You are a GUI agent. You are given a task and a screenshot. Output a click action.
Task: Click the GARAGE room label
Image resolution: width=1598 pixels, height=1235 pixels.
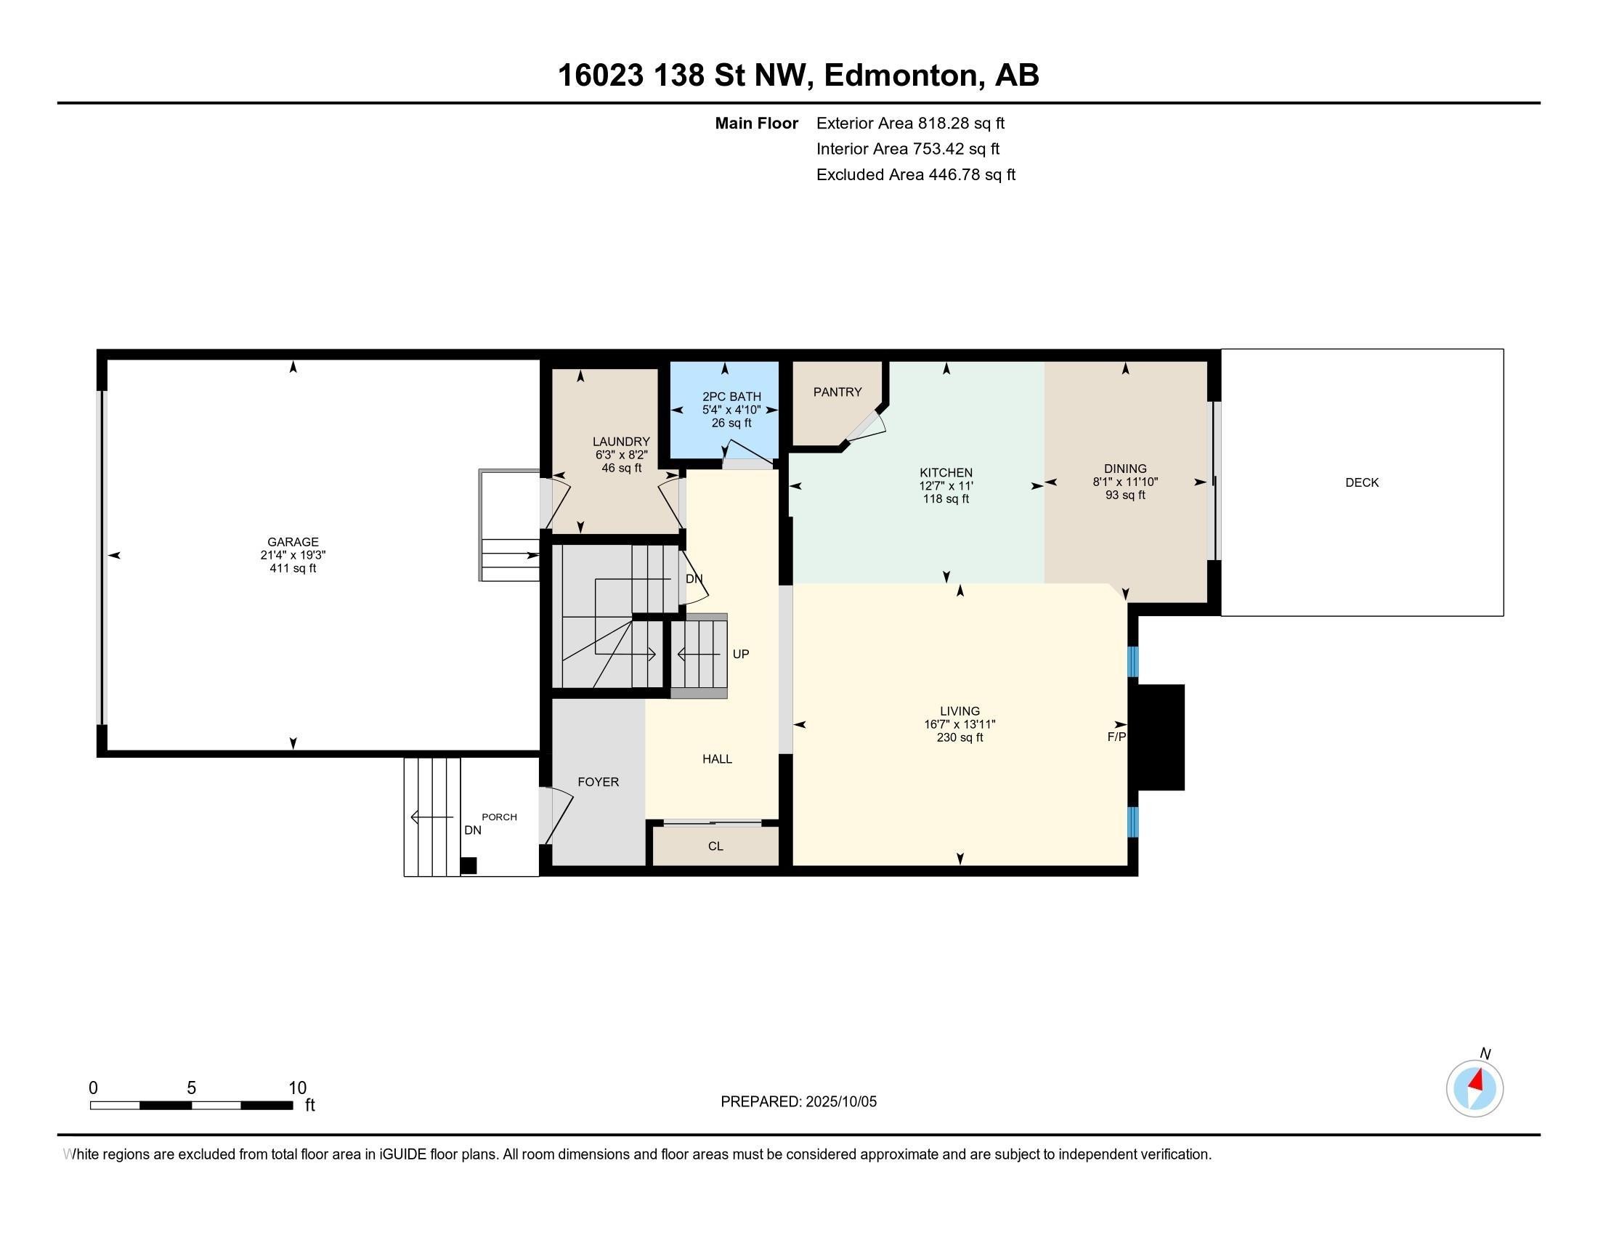pyautogui.click(x=293, y=542)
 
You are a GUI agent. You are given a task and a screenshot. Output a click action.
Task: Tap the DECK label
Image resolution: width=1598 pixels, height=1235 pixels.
pyautogui.click(x=1362, y=483)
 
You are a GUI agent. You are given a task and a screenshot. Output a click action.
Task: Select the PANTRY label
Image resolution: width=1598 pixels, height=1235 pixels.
pyautogui.click(x=837, y=392)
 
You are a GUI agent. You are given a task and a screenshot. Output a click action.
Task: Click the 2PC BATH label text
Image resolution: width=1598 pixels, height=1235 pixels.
pyautogui.click(x=731, y=397)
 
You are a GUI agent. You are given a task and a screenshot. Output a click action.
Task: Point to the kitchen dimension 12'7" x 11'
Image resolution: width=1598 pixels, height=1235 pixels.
pyautogui.click(x=946, y=486)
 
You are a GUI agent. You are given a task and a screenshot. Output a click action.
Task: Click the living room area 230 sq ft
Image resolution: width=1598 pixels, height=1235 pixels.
pyautogui.click(x=960, y=737)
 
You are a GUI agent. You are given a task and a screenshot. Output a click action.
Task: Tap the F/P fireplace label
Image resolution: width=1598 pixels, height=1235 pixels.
pyautogui.click(x=1116, y=737)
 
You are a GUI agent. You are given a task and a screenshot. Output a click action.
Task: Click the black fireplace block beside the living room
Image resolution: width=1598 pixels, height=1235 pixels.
pyautogui.click(x=1159, y=737)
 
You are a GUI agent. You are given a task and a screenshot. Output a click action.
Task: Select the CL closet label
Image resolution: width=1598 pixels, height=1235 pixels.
pyautogui.click(x=715, y=846)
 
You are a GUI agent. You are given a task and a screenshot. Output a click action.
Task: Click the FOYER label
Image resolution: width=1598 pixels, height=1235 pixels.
pyautogui.click(x=598, y=782)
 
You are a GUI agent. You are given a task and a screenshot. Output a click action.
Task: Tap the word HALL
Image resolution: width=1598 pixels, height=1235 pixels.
pyautogui.click(x=717, y=759)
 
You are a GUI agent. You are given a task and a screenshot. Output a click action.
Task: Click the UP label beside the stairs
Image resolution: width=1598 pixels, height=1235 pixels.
pyautogui.click(x=740, y=654)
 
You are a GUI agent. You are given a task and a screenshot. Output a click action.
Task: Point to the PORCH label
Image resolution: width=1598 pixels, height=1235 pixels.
pyautogui.click(x=499, y=817)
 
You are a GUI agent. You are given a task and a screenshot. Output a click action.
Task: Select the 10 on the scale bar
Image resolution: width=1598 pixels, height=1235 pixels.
pyautogui.click(x=297, y=1088)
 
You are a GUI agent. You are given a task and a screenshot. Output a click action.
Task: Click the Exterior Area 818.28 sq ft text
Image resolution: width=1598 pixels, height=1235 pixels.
pyautogui.click(x=910, y=123)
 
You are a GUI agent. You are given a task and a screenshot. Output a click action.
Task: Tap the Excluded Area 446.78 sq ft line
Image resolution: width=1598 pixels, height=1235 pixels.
pyautogui.click(x=915, y=175)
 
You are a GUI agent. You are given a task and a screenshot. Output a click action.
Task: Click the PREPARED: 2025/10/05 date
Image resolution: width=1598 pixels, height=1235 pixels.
pyautogui.click(x=798, y=1102)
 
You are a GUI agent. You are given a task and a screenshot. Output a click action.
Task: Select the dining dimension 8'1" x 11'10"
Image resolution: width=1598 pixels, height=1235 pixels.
pyautogui.click(x=1125, y=482)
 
